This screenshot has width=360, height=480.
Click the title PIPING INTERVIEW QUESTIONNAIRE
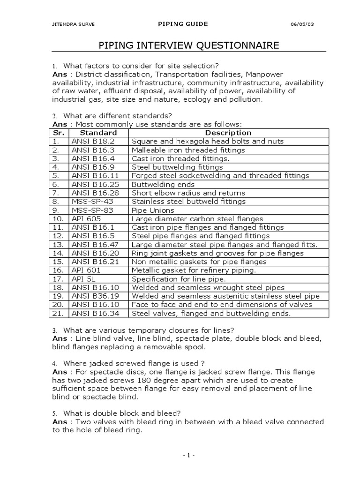coord(188,45)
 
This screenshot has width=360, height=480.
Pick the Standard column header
coord(99,133)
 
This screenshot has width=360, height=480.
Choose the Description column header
coord(229,133)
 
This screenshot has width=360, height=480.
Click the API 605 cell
coord(86,218)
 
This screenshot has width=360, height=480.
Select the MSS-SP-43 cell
coord(93,202)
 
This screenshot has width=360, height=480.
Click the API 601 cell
coord(86,270)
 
